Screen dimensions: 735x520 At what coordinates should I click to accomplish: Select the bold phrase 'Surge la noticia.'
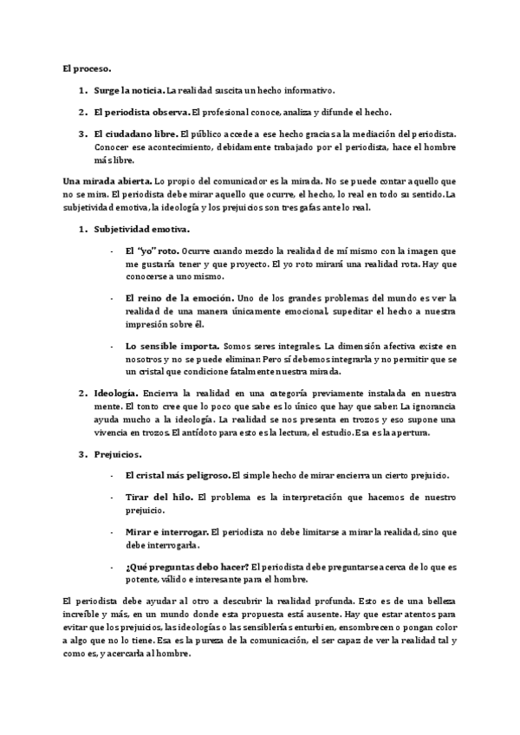(128, 90)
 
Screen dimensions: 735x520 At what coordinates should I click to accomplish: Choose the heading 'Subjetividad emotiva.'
(141, 229)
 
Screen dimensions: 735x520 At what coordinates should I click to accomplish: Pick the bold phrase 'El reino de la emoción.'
(178, 297)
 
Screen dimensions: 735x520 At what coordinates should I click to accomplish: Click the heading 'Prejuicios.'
(119, 454)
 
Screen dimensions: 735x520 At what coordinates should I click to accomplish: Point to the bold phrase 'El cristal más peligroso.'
(177, 476)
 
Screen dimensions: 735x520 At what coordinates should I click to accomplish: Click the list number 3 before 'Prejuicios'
(82, 454)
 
